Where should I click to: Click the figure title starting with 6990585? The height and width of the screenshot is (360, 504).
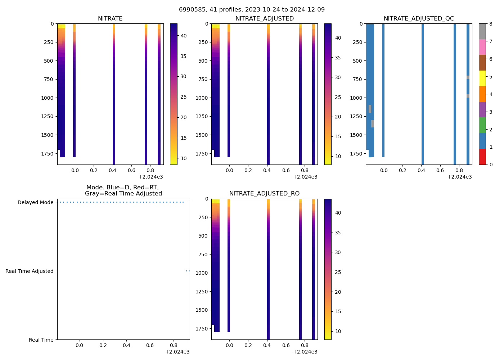click(x=252, y=10)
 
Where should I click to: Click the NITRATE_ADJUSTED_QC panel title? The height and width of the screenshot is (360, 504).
click(x=419, y=19)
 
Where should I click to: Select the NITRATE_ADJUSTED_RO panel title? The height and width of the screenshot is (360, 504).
click(x=264, y=194)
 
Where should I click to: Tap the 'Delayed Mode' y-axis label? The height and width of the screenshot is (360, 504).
click(x=35, y=202)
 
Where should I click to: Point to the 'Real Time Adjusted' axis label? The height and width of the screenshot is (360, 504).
click(x=29, y=271)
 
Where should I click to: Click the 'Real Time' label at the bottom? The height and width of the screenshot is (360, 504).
click(x=41, y=340)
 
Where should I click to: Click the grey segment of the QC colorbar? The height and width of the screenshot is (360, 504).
click(x=482, y=31)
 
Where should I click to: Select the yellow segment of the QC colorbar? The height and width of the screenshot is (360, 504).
click(x=482, y=78)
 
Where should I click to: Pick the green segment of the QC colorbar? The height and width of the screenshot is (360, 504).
click(x=482, y=125)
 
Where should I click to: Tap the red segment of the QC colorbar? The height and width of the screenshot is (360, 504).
click(x=482, y=157)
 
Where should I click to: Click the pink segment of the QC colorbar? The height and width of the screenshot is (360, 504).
click(x=482, y=47)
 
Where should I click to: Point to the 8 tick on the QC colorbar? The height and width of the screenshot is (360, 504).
click(x=490, y=24)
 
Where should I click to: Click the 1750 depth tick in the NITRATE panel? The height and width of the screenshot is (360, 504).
click(x=48, y=154)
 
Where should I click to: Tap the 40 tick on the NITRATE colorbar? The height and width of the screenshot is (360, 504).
click(x=183, y=36)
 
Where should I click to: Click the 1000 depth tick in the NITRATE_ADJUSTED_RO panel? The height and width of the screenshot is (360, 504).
click(x=202, y=273)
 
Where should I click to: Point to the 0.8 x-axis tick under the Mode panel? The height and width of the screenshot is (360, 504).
click(x=174, y=345)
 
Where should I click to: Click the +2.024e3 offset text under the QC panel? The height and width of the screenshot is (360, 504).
click(x=459, y=177)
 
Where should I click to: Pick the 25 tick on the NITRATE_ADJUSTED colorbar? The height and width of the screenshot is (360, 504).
click(x=338, y=97)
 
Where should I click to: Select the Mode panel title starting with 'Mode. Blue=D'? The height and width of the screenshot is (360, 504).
click(x=123, y=190)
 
